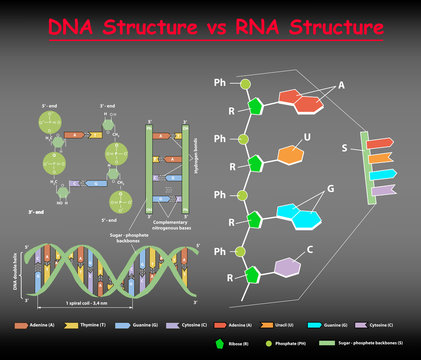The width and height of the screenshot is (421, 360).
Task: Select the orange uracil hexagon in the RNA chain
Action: click(x=290, y=155)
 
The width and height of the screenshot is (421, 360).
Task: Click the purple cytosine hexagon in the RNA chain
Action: click(x=288, y=267)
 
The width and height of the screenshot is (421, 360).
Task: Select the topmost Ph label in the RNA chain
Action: click(x=220, y=81)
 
